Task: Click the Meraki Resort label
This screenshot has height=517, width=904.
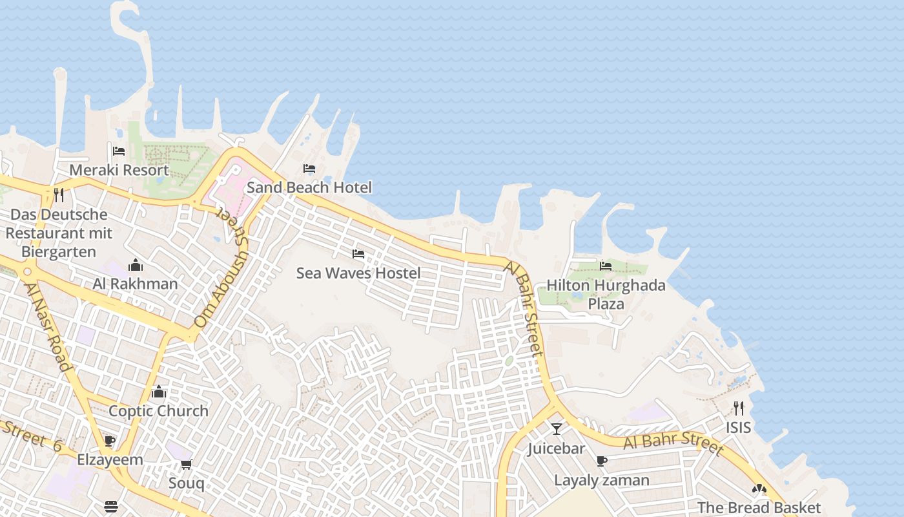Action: pos(119,170)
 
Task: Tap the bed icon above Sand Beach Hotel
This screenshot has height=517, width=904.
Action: pos(309,169)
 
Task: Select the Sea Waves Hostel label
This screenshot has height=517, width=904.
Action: pos(358,273)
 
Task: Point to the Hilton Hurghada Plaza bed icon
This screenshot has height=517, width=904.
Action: pos(606,266)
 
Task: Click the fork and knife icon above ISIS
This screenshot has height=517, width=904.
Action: pos(739,408)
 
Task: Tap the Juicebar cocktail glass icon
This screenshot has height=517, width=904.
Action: pos(556,429)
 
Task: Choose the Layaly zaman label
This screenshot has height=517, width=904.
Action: pos(602,480)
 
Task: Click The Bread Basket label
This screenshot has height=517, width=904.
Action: pos(759,508)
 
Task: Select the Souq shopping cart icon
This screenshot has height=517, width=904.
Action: pos(187,464)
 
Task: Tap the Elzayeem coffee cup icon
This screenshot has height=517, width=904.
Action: pos(110,441)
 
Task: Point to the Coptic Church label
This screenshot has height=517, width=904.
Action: pos(158,411)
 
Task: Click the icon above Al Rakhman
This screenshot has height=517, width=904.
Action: pos(136,265)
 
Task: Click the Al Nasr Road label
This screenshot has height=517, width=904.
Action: pos(47,326)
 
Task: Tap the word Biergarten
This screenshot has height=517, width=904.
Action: pos(59,251)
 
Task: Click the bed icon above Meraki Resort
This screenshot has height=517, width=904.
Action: pos(119,151)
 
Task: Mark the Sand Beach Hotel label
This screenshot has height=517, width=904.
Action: pos(309,188)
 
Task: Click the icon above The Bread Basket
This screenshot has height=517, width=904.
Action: pos(759,489)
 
